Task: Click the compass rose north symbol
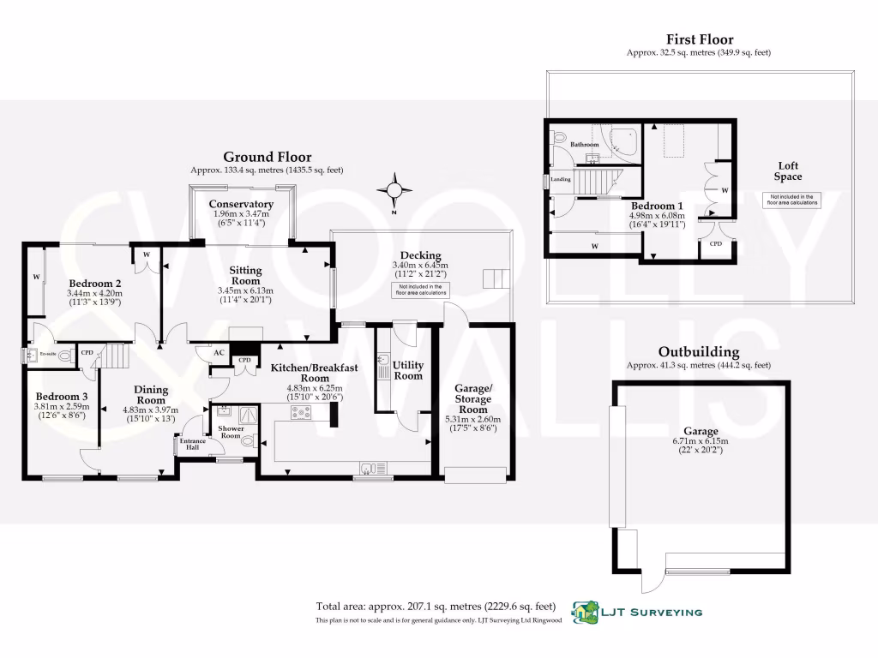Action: pos(394,189)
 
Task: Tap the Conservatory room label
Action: pos(242,204)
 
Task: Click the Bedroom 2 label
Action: pos(93,284)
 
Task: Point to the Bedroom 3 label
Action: pos(61,396)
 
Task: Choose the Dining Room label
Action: pos(151,394)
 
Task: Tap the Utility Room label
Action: pos(407,370)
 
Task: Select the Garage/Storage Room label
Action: pos(472,398)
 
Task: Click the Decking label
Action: pos(420,255)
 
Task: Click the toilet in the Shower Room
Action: pos(249,442)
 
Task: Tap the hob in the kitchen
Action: pos(301,413)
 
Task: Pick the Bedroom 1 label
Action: pos(658,206)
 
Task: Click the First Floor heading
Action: pos(700,39)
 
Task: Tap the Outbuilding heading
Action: pos(699,352)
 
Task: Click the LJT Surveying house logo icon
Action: pos(586,612)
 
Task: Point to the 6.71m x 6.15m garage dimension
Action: pos(700,441)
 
